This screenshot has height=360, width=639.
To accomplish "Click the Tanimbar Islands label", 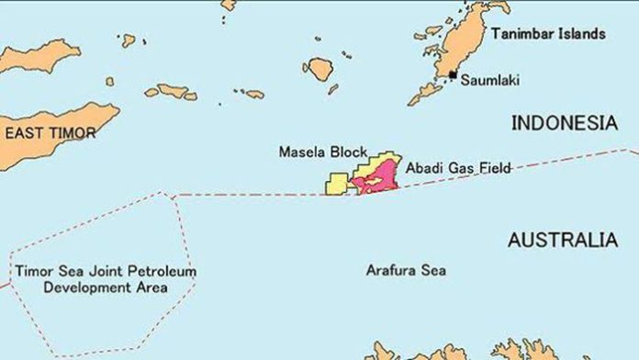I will click(x=548, y=34).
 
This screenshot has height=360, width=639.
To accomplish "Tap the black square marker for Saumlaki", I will click(x=452, y=73).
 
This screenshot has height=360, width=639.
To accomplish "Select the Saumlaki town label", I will click(x=488, y=81).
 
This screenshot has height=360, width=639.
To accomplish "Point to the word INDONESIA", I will click(x=564, y=123).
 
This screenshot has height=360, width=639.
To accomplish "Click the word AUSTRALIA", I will click(x=562, y=241).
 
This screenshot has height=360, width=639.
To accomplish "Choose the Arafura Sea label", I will click(x=405, y=271).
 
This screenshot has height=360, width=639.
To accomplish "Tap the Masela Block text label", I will click(x=322, y=152).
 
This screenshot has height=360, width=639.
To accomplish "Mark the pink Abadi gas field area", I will click(x=381, y=177).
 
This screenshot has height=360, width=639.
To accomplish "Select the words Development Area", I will click(x=106, y=287).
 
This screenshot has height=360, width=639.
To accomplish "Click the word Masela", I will click(x=302, y=152).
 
